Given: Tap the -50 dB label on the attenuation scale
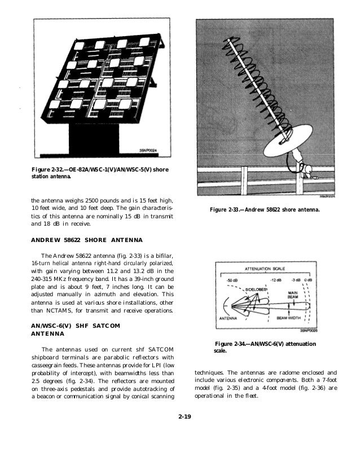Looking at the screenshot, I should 232,279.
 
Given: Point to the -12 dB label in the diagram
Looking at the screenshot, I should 275,279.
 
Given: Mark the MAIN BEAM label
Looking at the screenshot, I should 293,295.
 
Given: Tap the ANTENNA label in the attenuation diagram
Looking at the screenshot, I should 226,319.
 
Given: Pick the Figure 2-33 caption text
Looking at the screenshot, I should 264,210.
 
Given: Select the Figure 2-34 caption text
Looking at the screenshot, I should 265,347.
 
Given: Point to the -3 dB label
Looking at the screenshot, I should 295,279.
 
